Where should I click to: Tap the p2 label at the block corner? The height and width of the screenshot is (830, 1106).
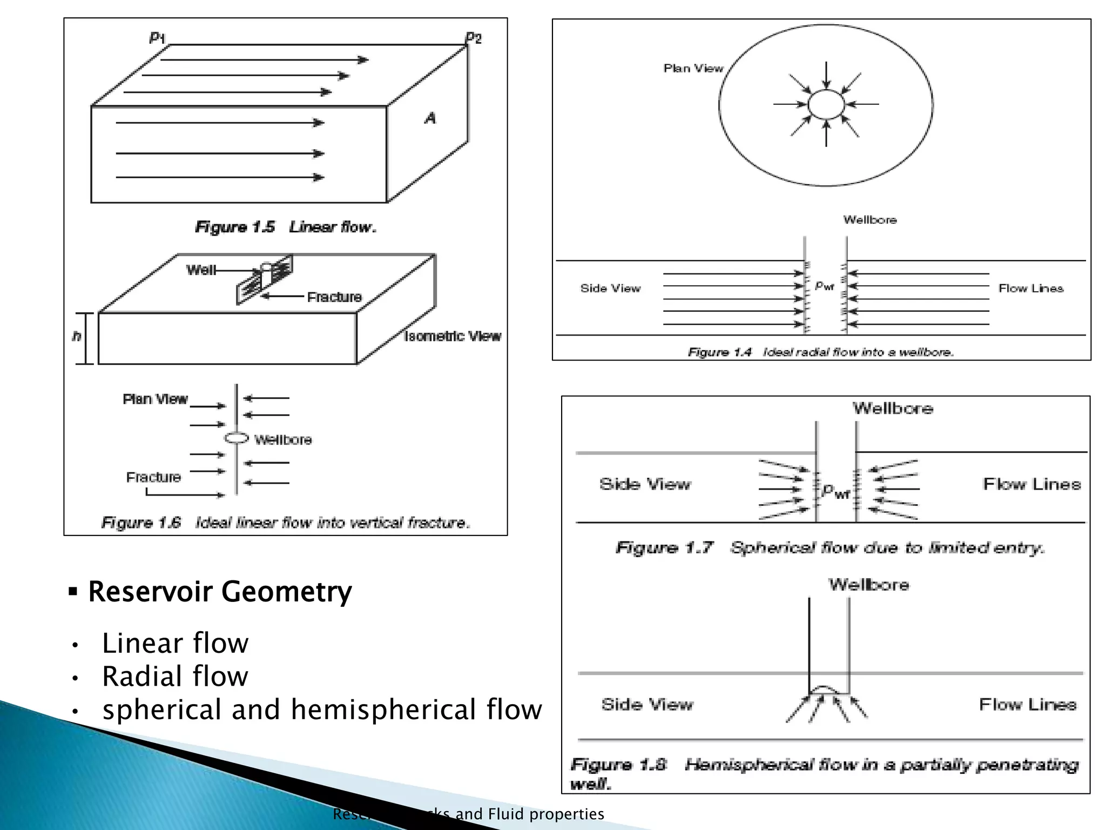[x=474, y=37]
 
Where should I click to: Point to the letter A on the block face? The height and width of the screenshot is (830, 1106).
[x=430, y=118]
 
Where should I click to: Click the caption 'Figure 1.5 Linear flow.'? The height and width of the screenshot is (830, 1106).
[x=286, y=227]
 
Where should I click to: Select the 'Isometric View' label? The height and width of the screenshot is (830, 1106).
[x=453, y=336]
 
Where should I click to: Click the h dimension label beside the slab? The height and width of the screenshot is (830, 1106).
[x=77, y=336]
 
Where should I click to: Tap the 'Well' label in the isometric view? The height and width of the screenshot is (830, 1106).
[x=200, y=270]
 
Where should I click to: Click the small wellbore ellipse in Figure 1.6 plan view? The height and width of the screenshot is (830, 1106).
[x=237, y=438]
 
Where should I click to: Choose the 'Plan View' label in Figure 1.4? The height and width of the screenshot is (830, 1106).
[x=693, y=68]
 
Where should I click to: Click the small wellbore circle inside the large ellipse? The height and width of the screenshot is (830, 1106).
[x=826, y=104]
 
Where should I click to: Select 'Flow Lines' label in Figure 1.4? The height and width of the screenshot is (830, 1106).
[x=1030, y=289]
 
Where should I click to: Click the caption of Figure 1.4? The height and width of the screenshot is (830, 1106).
[x=820, y=352]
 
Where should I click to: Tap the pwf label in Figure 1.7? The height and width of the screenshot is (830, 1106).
[x=835, y=491]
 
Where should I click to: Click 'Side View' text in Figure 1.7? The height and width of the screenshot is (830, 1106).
[x=645, y=484]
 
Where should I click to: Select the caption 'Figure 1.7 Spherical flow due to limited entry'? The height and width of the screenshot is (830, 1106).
[x=830, y=548]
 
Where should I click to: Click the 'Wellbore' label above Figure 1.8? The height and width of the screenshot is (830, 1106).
[x=868, y=585]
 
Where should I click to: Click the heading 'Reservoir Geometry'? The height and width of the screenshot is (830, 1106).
[x=220, y=591]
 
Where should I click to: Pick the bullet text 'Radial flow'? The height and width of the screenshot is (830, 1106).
[x=175, y=676]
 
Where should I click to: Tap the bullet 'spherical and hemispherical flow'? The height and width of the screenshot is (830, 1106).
[x=322, y=709]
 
